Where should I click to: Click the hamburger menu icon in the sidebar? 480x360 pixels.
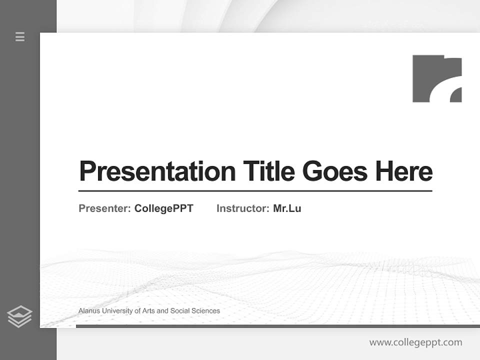[x=20, y=36]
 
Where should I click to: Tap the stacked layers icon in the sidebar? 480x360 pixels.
[x=19, y=316]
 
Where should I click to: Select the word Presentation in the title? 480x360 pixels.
[x=157, y=171]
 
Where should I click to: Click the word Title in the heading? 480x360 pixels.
[x=268, y=171]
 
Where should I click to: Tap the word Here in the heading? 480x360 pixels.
[x=403, y=171]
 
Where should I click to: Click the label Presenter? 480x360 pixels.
[x=104, y=208]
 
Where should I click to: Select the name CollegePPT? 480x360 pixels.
[x=163, y=208]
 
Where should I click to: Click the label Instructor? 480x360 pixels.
[x=242, y=208]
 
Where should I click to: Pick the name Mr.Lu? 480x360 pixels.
[x=287, y=208]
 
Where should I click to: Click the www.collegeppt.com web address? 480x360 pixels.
[x=415, y=342]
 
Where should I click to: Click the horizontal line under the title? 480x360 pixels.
[x=255, y=191]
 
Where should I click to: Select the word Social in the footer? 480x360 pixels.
[x=180, y=311]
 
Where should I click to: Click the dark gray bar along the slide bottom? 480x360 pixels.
[x=277, y=326]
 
